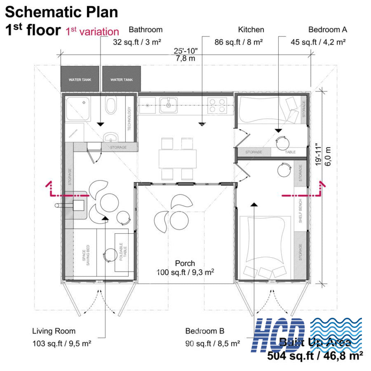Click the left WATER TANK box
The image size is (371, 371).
80,79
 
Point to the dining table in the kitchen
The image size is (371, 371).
177,158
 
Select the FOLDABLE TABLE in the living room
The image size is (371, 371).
121,252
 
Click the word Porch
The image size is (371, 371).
185,263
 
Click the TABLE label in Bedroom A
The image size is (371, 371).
290,152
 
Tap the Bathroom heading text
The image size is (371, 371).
145,30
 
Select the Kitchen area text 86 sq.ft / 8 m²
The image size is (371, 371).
238,42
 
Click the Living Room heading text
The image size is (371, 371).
54,331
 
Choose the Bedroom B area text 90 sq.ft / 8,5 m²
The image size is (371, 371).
212,343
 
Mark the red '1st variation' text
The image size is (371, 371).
92,32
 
